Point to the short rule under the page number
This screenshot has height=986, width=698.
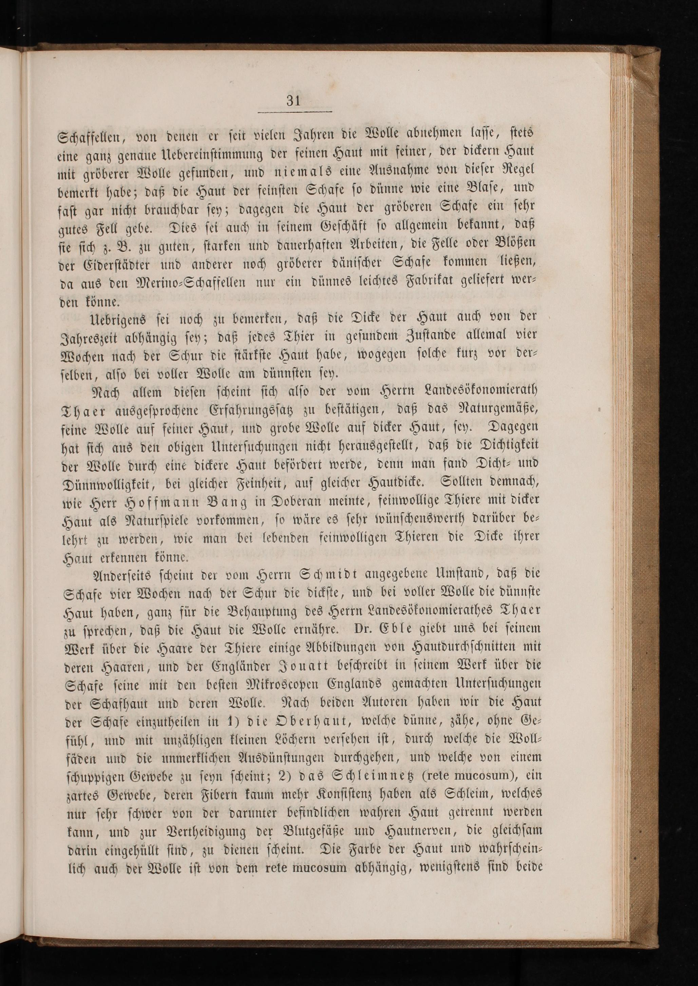tap(295, 113)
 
